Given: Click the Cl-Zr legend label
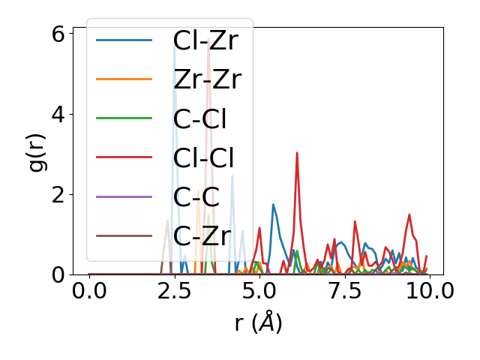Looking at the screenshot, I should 205,40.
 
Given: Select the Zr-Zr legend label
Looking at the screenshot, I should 207,79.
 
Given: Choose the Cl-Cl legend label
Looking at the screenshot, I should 203,158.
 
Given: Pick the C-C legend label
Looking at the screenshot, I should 196,197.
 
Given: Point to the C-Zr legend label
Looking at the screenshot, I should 201,237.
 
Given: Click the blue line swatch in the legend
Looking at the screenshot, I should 124,40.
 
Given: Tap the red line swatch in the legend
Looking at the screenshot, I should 124,158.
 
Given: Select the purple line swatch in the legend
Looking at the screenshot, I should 124,197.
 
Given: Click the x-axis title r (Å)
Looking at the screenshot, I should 258,322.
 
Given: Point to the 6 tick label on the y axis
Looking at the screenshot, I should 58,34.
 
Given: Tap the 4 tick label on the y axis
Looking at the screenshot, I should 58,115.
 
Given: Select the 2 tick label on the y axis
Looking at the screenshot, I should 58,195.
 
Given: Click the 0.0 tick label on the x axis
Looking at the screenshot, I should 89,291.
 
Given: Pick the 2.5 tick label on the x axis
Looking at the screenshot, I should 175,291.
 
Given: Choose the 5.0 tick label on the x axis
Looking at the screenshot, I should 259,291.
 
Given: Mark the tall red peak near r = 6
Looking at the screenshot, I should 297,154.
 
